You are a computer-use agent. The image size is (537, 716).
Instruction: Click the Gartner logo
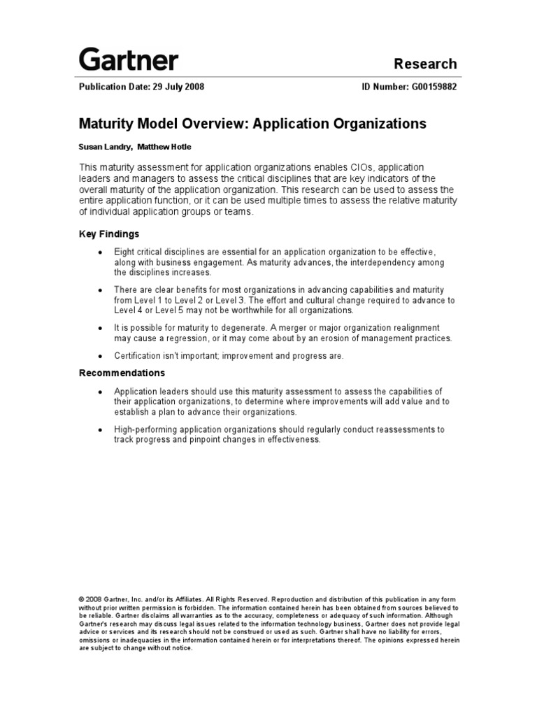[x=128, y=59]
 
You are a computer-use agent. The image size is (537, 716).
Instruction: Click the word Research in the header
[x=425, y=64]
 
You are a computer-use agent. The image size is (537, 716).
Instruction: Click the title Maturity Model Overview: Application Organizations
[x=252, y=124]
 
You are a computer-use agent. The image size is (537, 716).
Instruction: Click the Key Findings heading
[x=108, y=234]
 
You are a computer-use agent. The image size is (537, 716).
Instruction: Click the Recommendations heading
[x=122, y=373]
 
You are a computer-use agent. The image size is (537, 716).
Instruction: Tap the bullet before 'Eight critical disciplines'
[x=101, y=252]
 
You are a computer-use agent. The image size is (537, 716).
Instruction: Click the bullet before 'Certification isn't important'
[x=101, y=356]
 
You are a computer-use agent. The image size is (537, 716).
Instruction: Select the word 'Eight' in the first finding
[x=124, y=251]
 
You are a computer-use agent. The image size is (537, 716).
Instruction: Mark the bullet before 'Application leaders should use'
[x=101, y=391]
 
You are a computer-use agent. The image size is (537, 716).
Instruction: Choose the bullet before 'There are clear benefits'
[x=101, y=289]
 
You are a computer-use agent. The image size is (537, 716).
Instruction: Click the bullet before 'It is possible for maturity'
[x=101, y=328]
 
